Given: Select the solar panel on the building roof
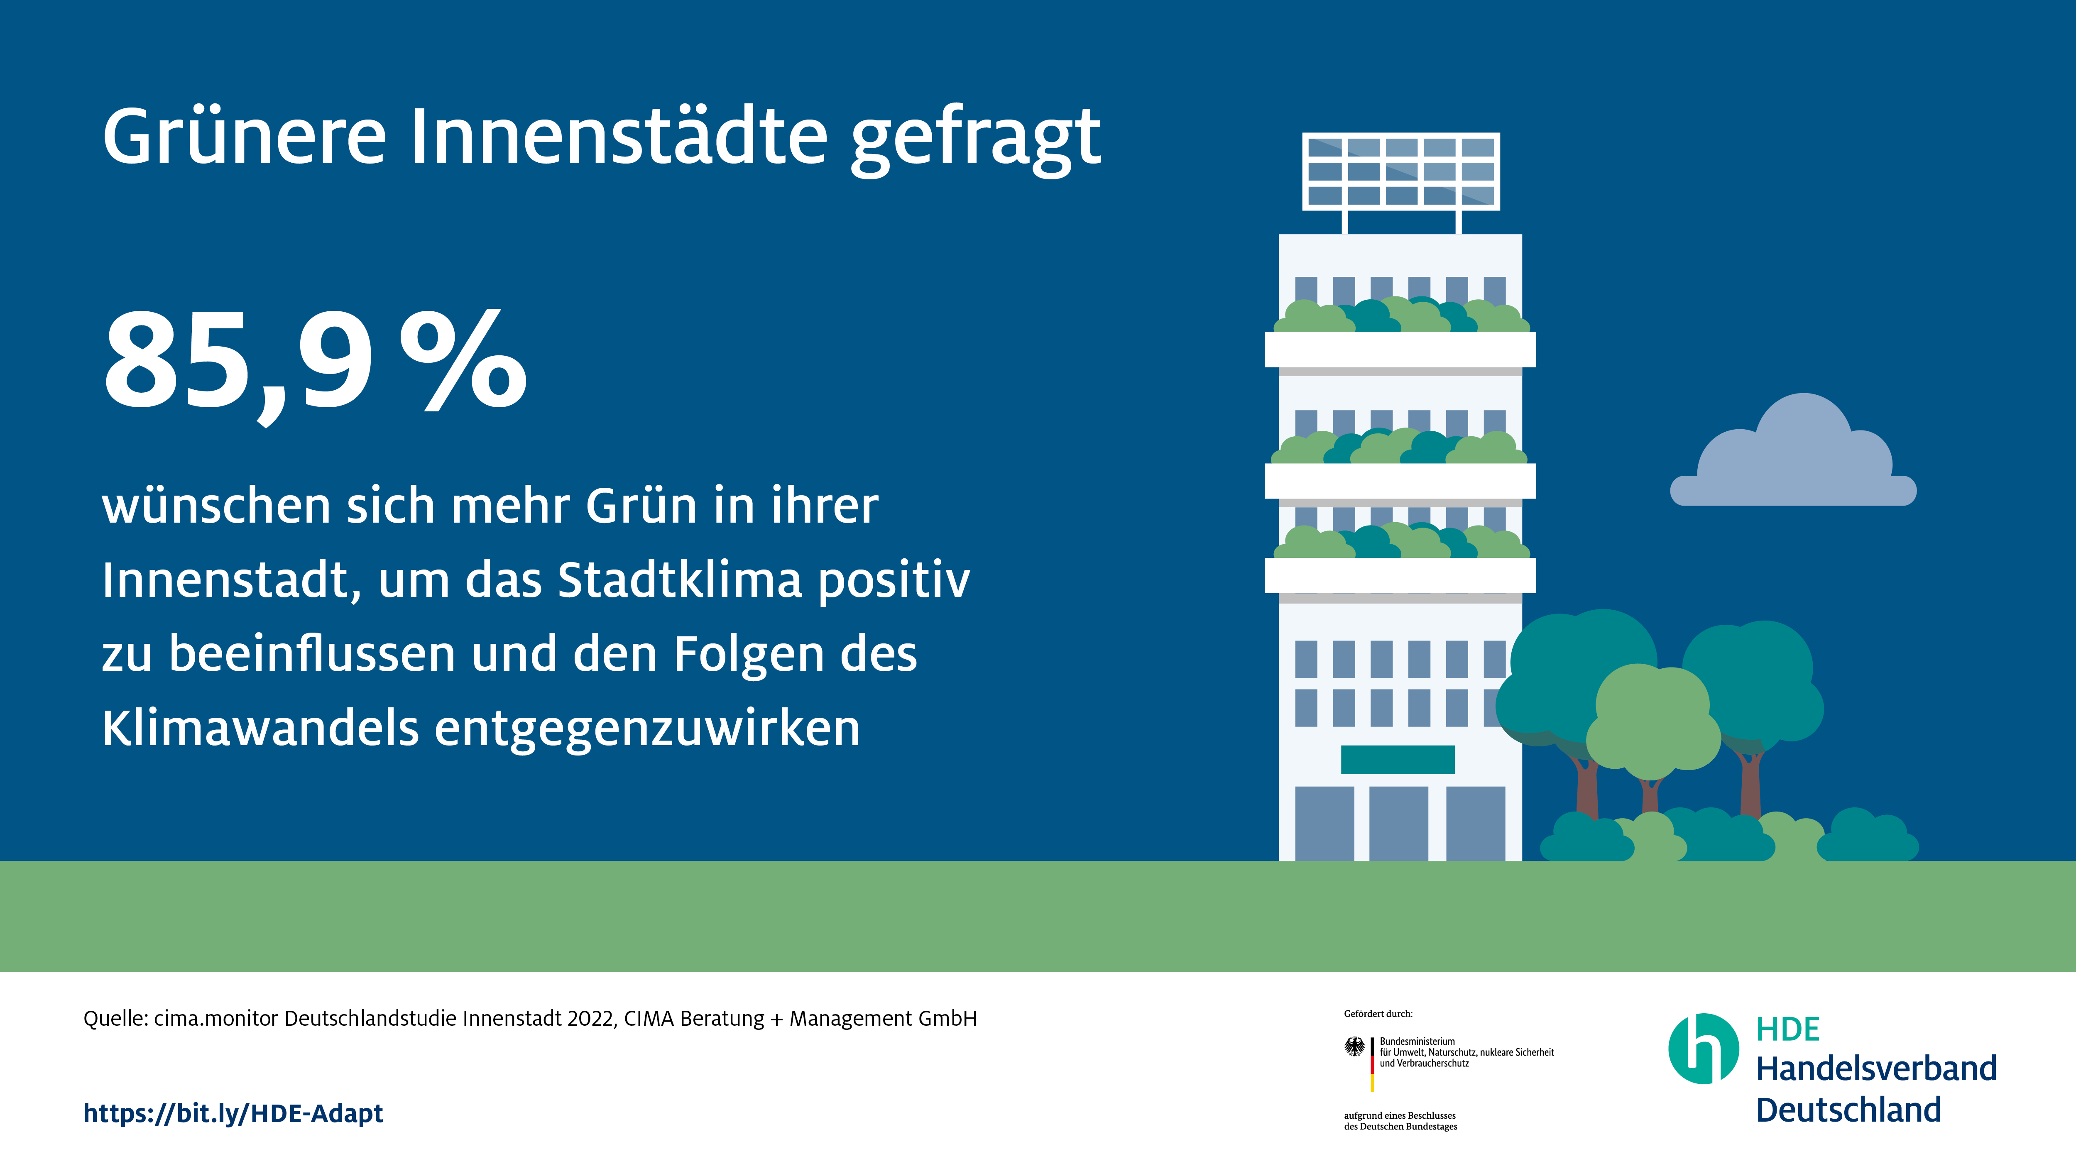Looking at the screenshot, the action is (1401, 171).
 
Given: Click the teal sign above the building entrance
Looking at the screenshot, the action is (1398, 759).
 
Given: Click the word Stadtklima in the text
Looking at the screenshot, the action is (680, 580).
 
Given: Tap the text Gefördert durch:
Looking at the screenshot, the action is (1378, 1014).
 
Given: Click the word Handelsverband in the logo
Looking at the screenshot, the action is (1876, 1068).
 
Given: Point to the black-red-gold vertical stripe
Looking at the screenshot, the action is (1372, 1064).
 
